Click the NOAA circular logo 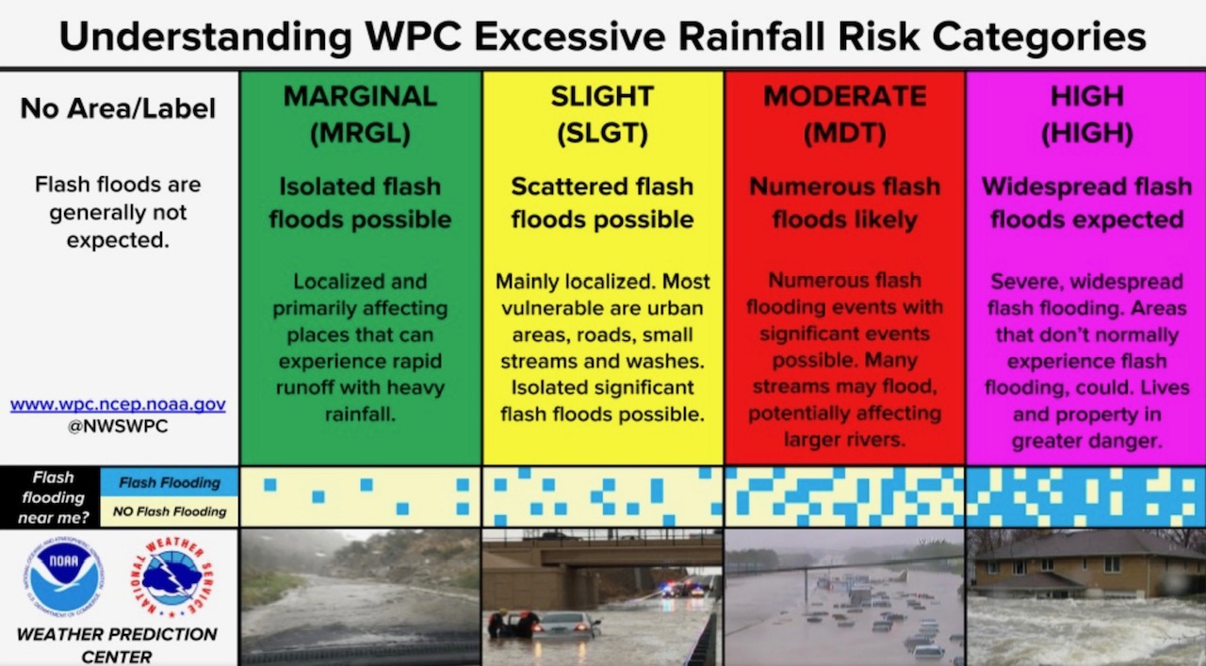tap(63, 577)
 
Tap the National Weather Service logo tap(172, 577)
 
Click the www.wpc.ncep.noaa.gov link tap(118, 404)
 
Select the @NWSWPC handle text tap(118, 426)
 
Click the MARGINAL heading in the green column tap(360, 96)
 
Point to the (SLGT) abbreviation tap(602, 133)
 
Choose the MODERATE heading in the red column tap(845, 96)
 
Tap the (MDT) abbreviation tap(845, 133)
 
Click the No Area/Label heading tap(118, 108)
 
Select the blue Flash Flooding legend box tap(170, 482)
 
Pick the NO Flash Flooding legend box tap(170, 511)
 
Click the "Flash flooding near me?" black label tap(53, 497)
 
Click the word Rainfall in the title tap(751, 37)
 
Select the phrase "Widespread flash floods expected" tap(1086, 203)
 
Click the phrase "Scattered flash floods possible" tap(602, 203)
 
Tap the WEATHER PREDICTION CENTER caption tap(117, 645)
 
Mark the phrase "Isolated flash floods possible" tap(360, 203)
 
